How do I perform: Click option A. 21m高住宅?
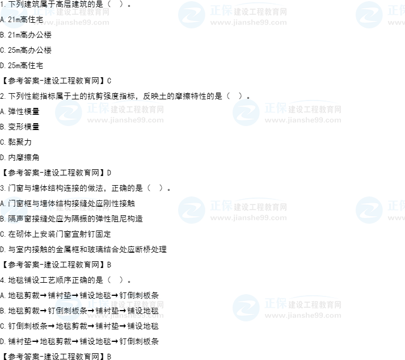22,20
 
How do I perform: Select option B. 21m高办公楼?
26,35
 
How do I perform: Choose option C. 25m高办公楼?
26,50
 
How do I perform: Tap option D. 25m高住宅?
22,66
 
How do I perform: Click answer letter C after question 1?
109,81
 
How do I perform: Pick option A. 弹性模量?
20,111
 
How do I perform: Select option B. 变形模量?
20,127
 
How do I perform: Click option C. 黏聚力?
16,143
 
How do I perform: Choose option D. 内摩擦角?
20,157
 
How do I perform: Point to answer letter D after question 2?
109,173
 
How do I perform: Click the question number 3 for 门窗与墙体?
2,189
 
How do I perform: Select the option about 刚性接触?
67,203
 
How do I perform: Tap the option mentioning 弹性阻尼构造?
71,219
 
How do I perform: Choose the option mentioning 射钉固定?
56,235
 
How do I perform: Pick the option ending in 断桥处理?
83,250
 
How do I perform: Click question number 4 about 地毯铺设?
2,280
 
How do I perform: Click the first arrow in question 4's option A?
44,296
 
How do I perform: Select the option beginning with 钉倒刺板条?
79,326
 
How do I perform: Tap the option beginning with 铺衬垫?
79,342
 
